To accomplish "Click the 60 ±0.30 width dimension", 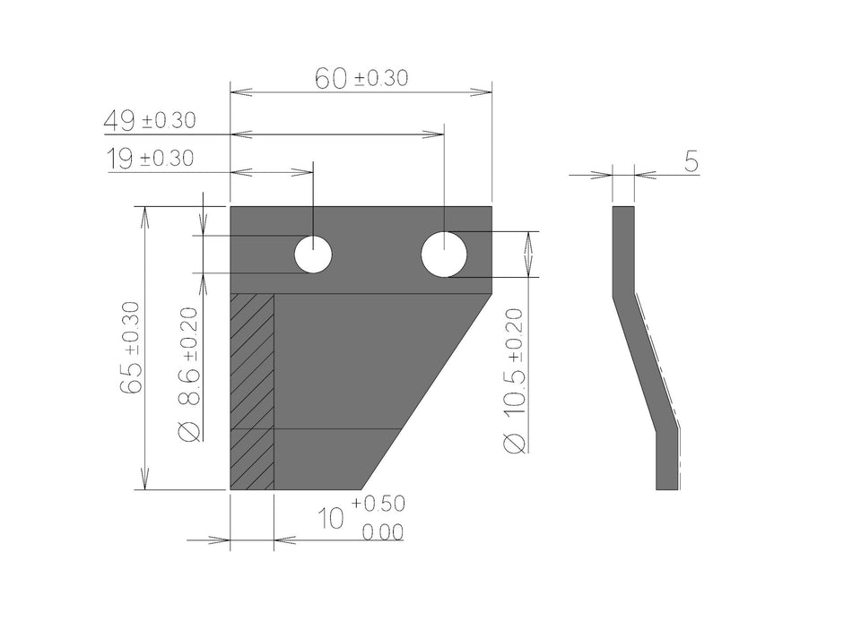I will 361,79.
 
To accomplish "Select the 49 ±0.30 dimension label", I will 150,119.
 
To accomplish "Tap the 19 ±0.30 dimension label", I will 150,160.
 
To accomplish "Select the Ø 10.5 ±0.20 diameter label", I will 515,380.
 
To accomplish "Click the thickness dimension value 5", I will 691,161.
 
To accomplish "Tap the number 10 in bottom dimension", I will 333,519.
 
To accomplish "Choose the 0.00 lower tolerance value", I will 382,533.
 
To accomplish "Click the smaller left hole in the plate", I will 313,255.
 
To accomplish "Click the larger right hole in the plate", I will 444,254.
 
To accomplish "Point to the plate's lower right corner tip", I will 362,488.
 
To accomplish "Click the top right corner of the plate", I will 491,207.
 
